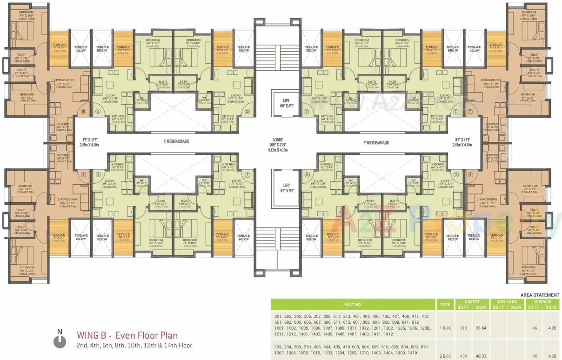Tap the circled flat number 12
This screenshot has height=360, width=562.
[247, 112]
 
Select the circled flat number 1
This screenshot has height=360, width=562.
[307, 112]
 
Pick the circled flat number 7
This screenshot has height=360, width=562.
[247, 174]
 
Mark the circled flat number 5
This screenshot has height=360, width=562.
[456, 174]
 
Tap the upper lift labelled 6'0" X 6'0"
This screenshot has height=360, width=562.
[281, 103]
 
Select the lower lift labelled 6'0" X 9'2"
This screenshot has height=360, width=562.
[281, 188]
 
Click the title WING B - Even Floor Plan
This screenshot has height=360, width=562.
[127, 335]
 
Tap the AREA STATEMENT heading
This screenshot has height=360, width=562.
[540, 295]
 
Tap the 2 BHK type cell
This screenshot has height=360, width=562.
[445, 356]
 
